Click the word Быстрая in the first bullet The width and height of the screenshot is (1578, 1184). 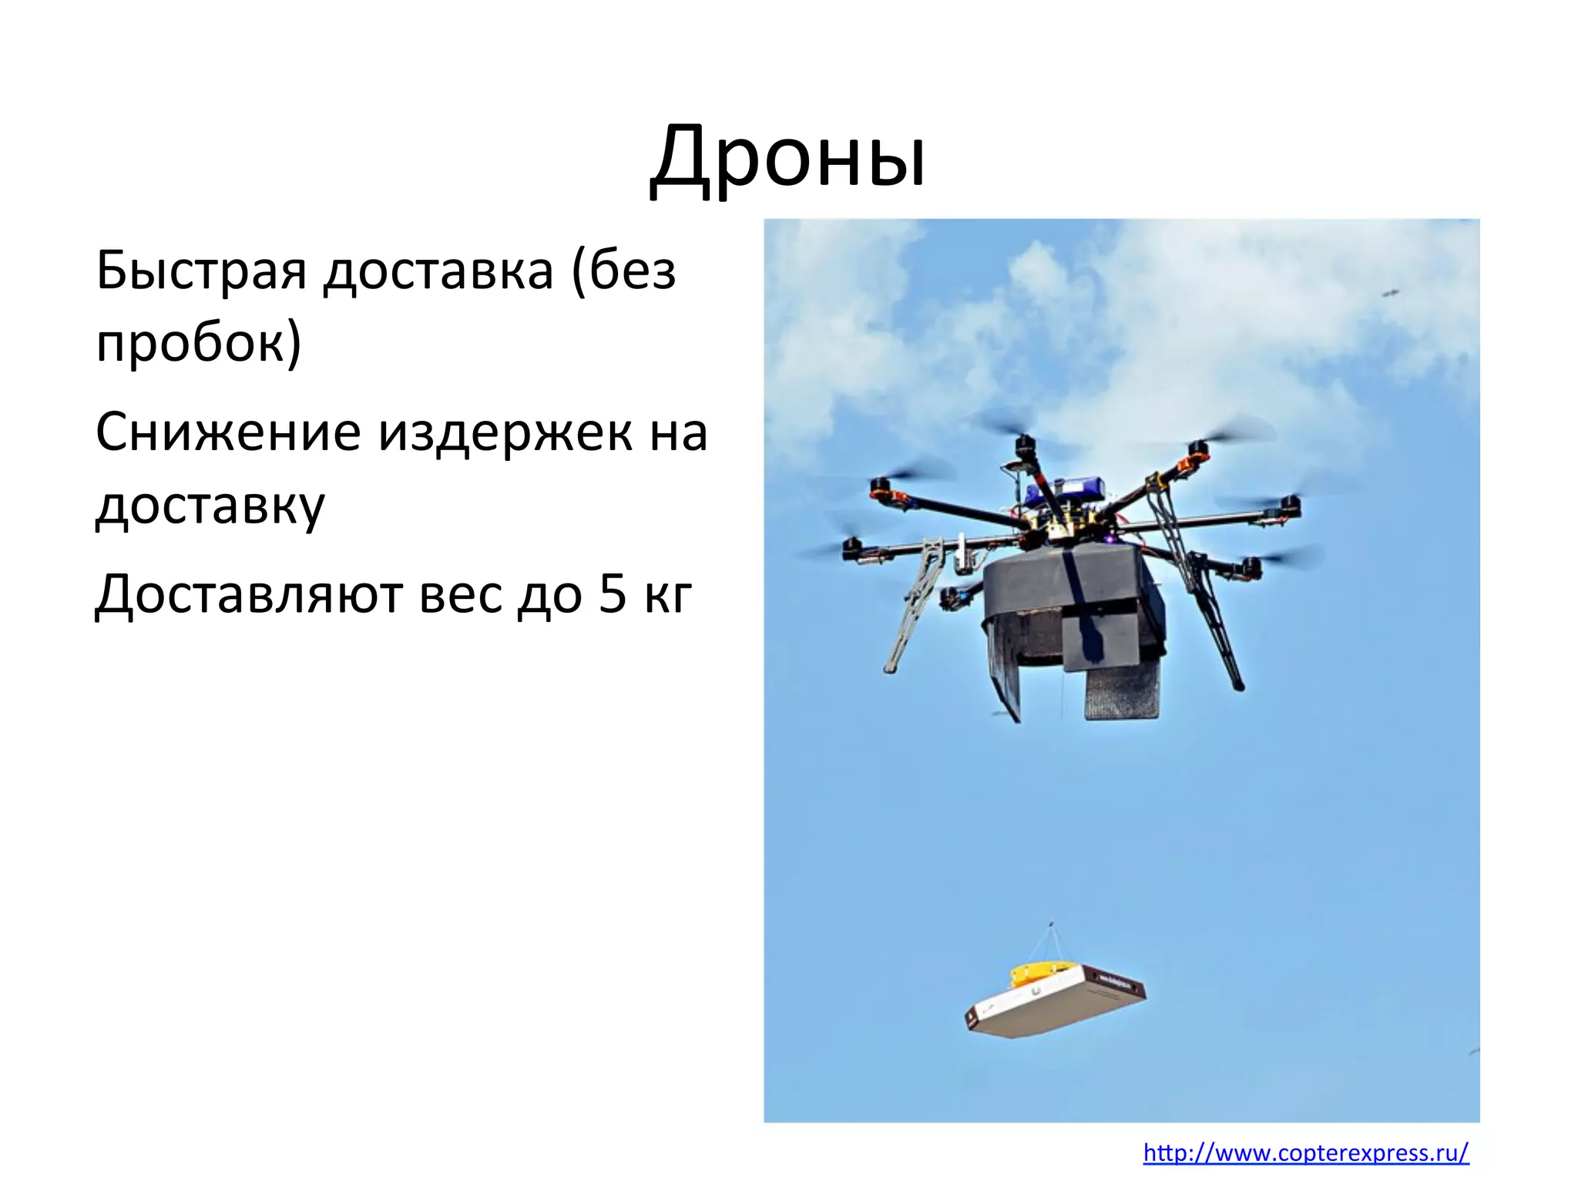pyautogui.click(x=201, y=271)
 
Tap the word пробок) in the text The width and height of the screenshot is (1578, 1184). pyautogui.click(x=198, y=343)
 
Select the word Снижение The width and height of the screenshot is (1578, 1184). pyautogui.click(x=228, y=432)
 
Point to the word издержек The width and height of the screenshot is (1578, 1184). pyautogui.click(x=505, y=432)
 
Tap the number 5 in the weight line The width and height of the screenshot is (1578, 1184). pyautogui.click(x=613, y=595)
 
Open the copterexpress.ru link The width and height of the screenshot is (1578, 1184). pyautogui.click(x=1306, y=1153)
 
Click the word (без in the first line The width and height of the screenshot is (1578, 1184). pyautogui.click(x=623, y=271)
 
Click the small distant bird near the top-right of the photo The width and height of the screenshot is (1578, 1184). pyautogui.click(x=1391, y=292)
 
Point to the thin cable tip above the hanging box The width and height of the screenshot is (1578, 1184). pyautogui.click(x=1052, y=924)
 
